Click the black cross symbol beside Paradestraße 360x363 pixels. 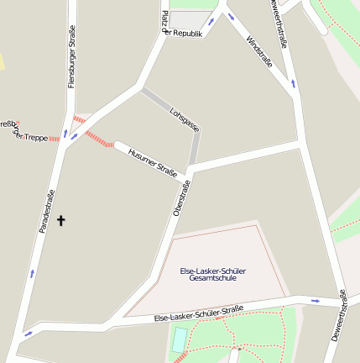pos(60,220)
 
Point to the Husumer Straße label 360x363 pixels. pos(152,162)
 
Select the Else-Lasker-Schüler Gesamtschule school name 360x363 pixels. pos(212,274)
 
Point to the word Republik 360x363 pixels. pos(187,34)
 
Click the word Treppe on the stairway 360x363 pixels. pos(34,137)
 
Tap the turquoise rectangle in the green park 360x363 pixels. pos(180,340)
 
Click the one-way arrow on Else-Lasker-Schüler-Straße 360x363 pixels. pos(315,300)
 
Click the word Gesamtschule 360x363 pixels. pos(212,278)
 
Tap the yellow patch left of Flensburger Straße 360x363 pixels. pos(1,61)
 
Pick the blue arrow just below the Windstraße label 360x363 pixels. pos(293,82)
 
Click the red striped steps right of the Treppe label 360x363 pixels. pos(55,137)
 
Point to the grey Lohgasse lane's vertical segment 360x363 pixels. pos(195,148)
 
